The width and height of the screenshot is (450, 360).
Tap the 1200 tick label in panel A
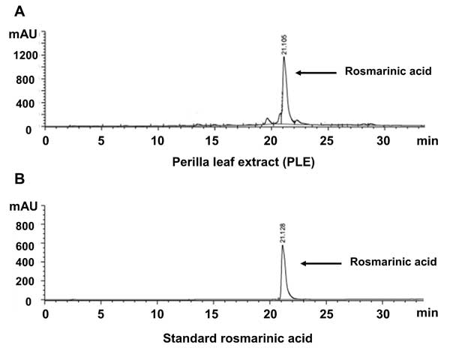click(20, 55)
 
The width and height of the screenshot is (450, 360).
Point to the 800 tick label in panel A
click(23, 79)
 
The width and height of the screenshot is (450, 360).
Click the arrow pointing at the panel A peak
click(314, 73)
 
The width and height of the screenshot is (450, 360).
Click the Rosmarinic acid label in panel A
click(380, 73)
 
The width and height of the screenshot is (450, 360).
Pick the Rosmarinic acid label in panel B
click(385, 262)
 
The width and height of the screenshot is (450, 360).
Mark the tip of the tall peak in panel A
click(284, 57)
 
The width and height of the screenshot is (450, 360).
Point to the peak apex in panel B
click(283, 244)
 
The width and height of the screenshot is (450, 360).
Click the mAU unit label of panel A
click(20, 34)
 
